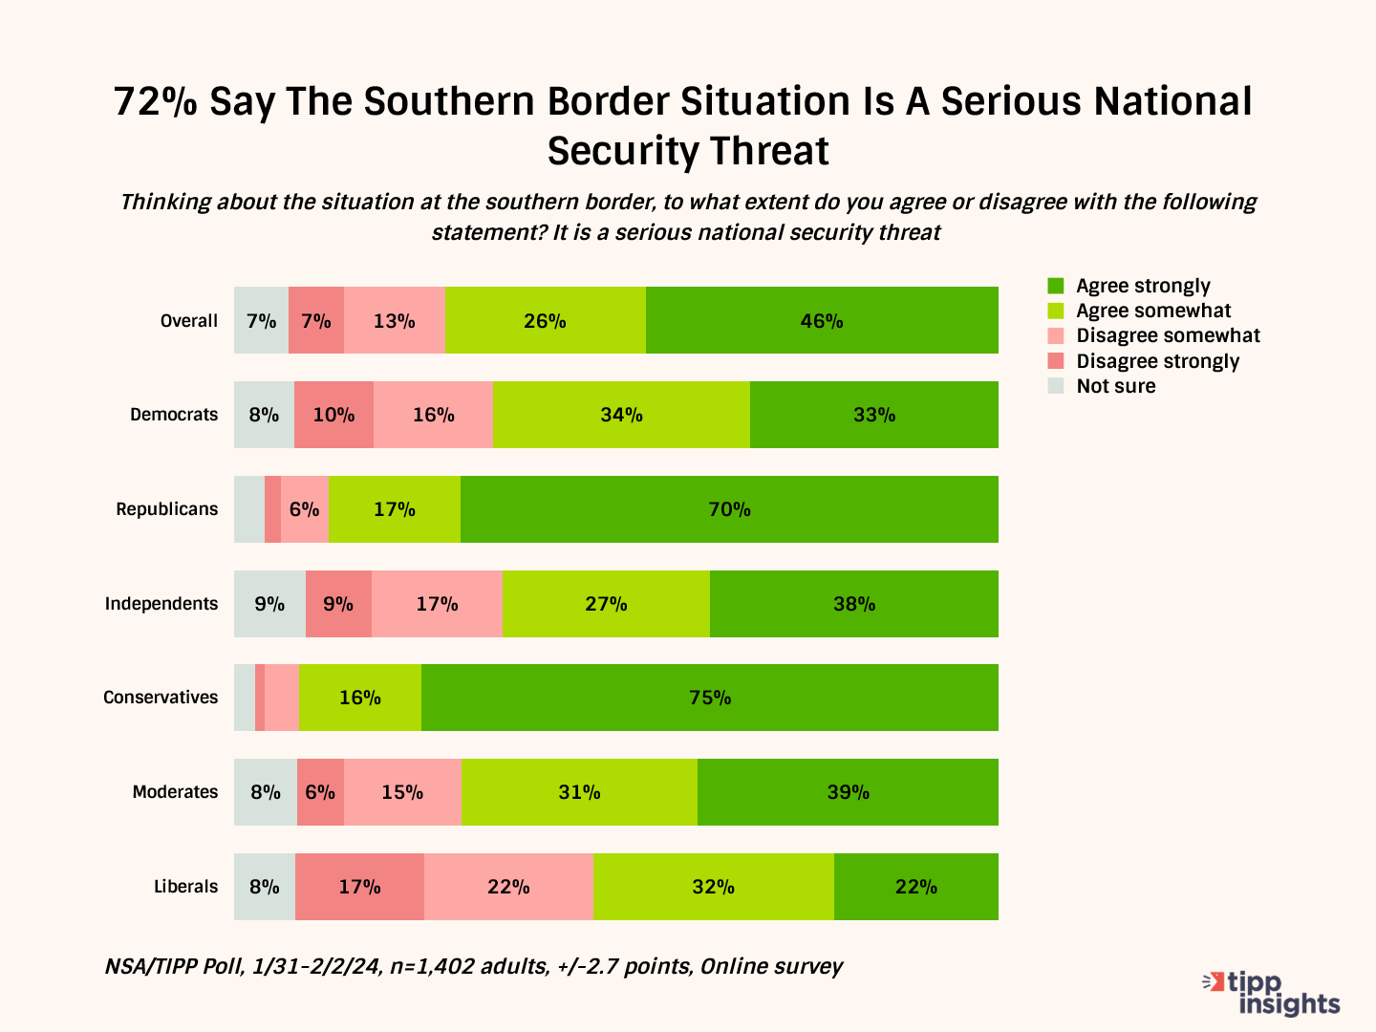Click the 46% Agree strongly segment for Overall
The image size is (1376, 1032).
(x=822, y=320)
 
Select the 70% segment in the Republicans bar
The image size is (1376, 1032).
(x=729, y=509)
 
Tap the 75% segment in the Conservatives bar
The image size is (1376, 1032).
(x=710, y=698)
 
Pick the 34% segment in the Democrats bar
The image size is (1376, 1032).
(x=621, y=415)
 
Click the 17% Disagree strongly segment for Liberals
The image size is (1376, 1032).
(x=359, y=887)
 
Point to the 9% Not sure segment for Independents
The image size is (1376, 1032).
(x=269, y=604)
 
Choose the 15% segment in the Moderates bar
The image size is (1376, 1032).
(x=402, y=792)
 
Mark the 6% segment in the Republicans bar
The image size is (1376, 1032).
(x=305, y=509)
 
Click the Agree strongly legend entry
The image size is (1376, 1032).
(x=1143, y=286)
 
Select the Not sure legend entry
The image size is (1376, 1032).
(x=1115, y=386)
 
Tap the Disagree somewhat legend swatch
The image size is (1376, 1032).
(x=1056, y=336)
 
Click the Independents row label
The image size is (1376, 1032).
(x=161, y=604)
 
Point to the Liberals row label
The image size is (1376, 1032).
(x=186, y=887)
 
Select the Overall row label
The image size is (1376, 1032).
(x=189, y=321)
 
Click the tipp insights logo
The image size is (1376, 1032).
(x=1273, y=993)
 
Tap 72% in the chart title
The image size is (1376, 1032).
(x=155, y=102)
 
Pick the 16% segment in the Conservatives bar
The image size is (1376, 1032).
(x=360, y=698)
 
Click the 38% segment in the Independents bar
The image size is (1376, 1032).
(x=854, y=604)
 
